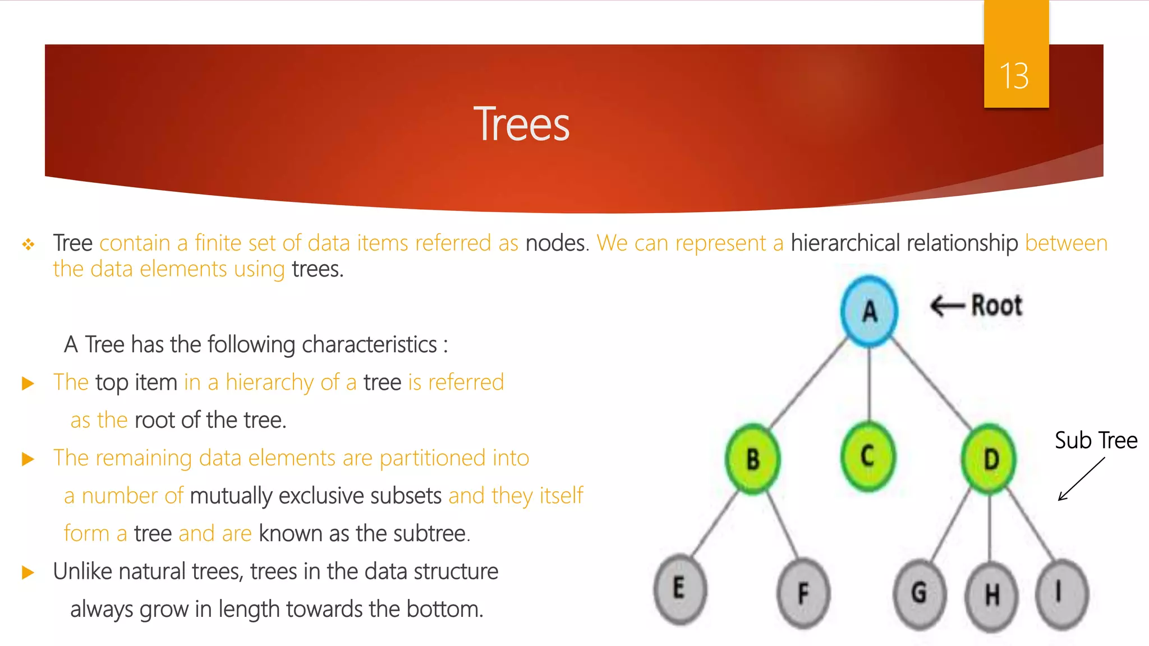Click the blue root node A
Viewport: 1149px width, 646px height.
(869, 311)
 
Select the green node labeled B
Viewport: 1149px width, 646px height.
(752, 459)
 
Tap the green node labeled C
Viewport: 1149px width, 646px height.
(868, 456)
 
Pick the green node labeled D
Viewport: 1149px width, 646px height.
(990, 459)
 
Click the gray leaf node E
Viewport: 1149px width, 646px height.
(679, 589)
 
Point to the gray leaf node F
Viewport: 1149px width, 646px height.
(803, 593)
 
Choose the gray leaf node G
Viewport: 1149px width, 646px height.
(920, 593)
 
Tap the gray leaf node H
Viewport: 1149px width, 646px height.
(991, 596)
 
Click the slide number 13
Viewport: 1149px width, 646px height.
(1014, 76)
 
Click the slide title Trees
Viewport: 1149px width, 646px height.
(521, 124)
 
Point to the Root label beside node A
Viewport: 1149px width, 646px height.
(996, 306)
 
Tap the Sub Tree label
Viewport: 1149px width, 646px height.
(1096, 440)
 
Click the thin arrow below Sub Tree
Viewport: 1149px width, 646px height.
(1081, 479)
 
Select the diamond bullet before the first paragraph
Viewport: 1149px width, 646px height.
(28, 244)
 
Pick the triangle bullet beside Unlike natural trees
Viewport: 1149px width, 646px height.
(27, 573)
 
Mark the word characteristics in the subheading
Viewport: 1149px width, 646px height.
(369, 344)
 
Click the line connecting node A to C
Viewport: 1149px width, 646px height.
(869, 384)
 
